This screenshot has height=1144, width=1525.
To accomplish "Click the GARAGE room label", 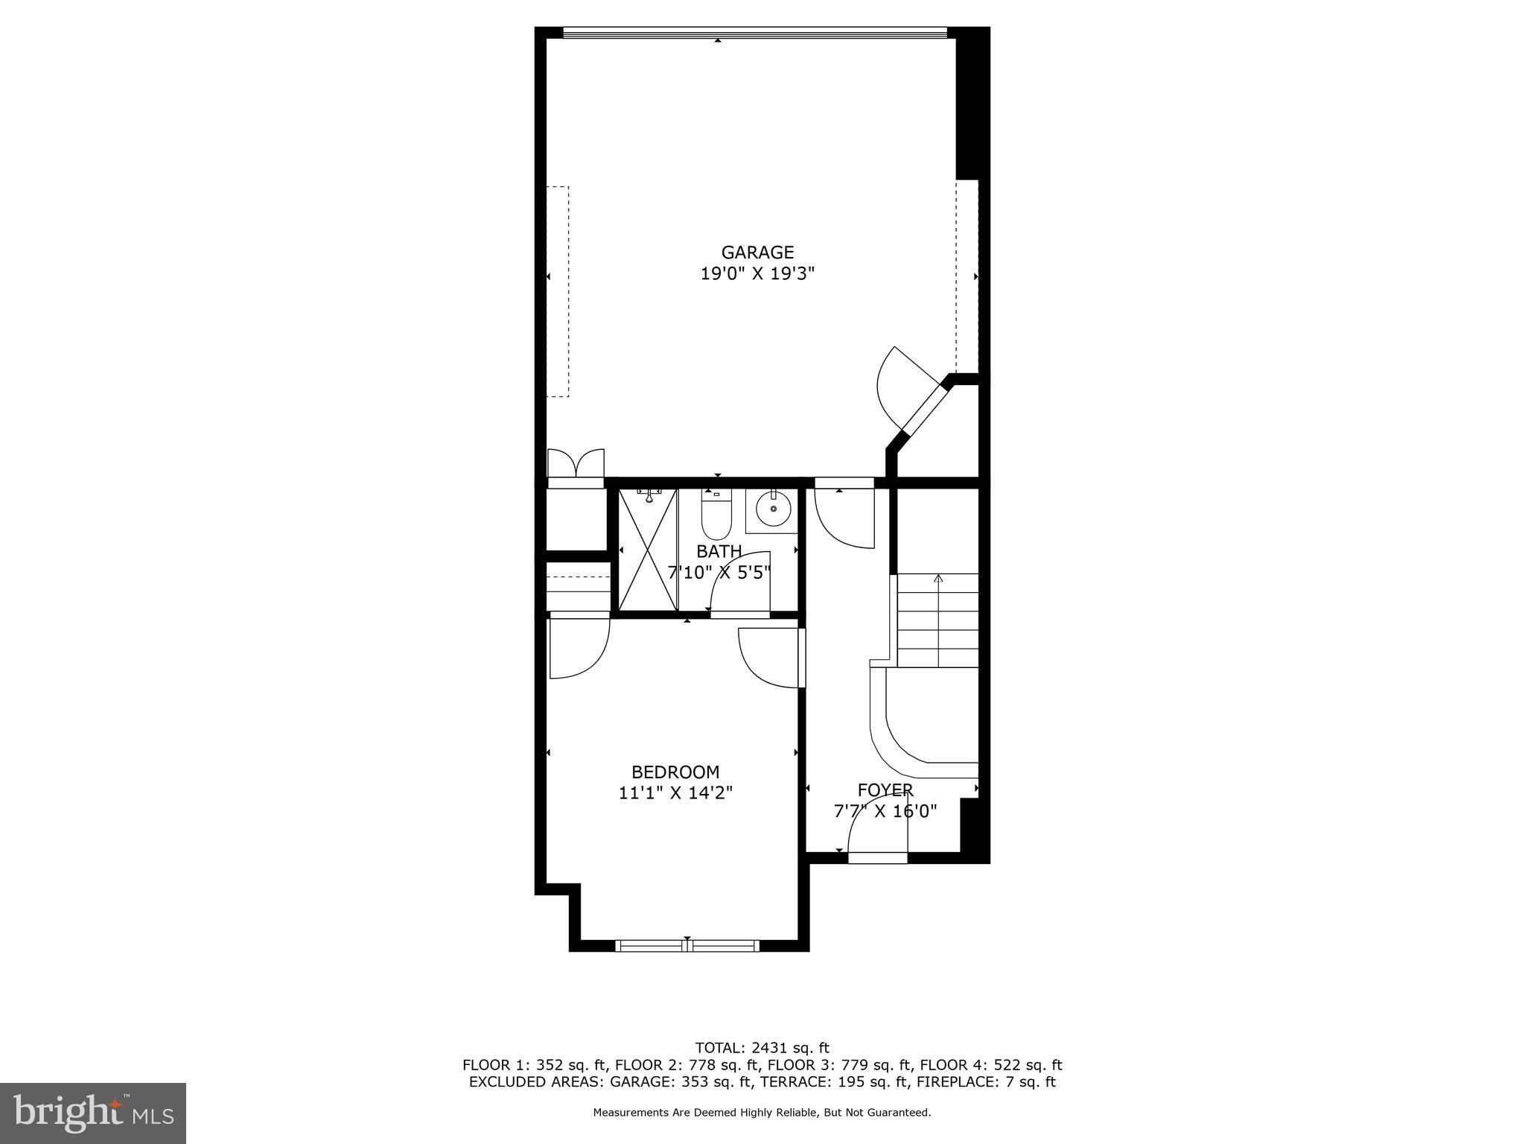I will coord(757,252).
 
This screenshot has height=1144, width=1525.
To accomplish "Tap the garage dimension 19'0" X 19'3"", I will coord(757,274).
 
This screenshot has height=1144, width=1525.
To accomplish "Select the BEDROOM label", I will coord(675,772).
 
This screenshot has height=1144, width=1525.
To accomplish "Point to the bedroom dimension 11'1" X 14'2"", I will coord(675,793).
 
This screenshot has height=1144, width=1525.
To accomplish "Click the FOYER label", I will coord(885,790).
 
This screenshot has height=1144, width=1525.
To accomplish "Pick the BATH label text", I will coord(719,552).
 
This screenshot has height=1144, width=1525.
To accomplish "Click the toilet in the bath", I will coord(716,515).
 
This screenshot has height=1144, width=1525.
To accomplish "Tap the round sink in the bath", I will coord(773,509).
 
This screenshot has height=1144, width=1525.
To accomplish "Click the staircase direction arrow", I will coord(937,579).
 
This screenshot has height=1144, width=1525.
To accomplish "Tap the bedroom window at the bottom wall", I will coord(687,946).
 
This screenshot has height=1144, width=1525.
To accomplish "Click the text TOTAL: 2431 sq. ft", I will coord(761,1048).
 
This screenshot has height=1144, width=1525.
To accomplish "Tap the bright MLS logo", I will coord(93,1113).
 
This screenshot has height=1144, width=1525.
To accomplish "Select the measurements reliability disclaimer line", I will coord(761,1113).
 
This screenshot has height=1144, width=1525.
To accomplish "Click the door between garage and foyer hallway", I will coord(844,514).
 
